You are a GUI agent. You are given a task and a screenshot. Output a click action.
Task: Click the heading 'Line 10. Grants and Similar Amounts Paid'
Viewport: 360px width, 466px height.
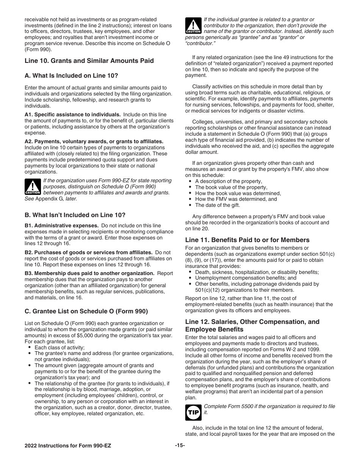point(89,61)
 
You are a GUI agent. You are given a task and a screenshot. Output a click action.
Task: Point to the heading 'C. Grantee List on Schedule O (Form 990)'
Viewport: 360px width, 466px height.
point(86,311)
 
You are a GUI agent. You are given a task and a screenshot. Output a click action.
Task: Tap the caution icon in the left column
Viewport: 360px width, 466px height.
point(33,187)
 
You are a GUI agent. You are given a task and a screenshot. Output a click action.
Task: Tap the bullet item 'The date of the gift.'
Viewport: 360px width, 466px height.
point(217,205)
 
